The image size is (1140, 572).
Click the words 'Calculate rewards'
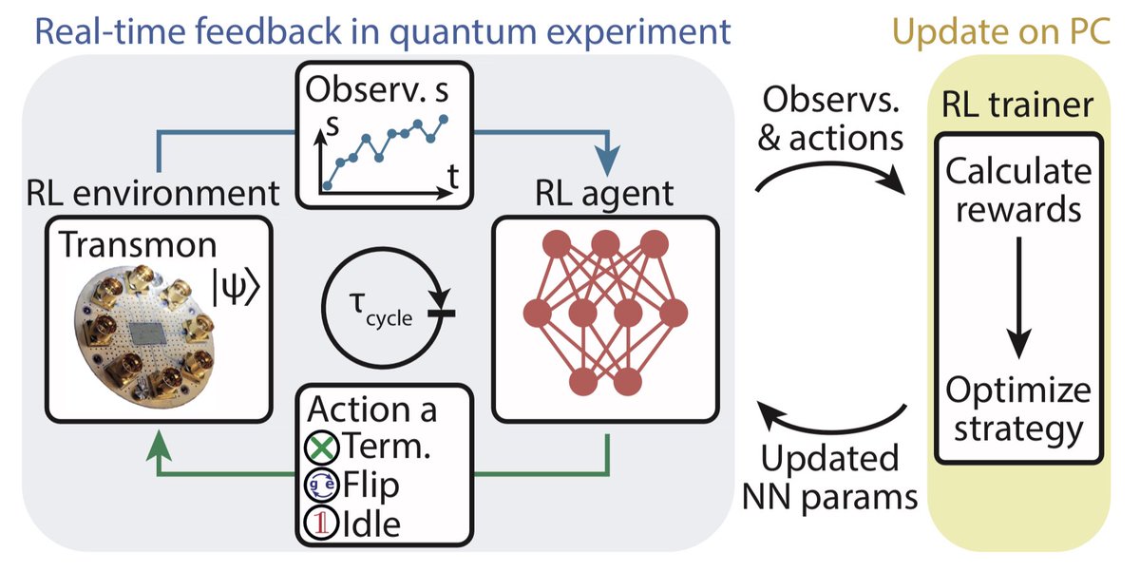click(x=1019, y=190)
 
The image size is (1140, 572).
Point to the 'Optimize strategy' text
click(x=1019, y=410)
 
